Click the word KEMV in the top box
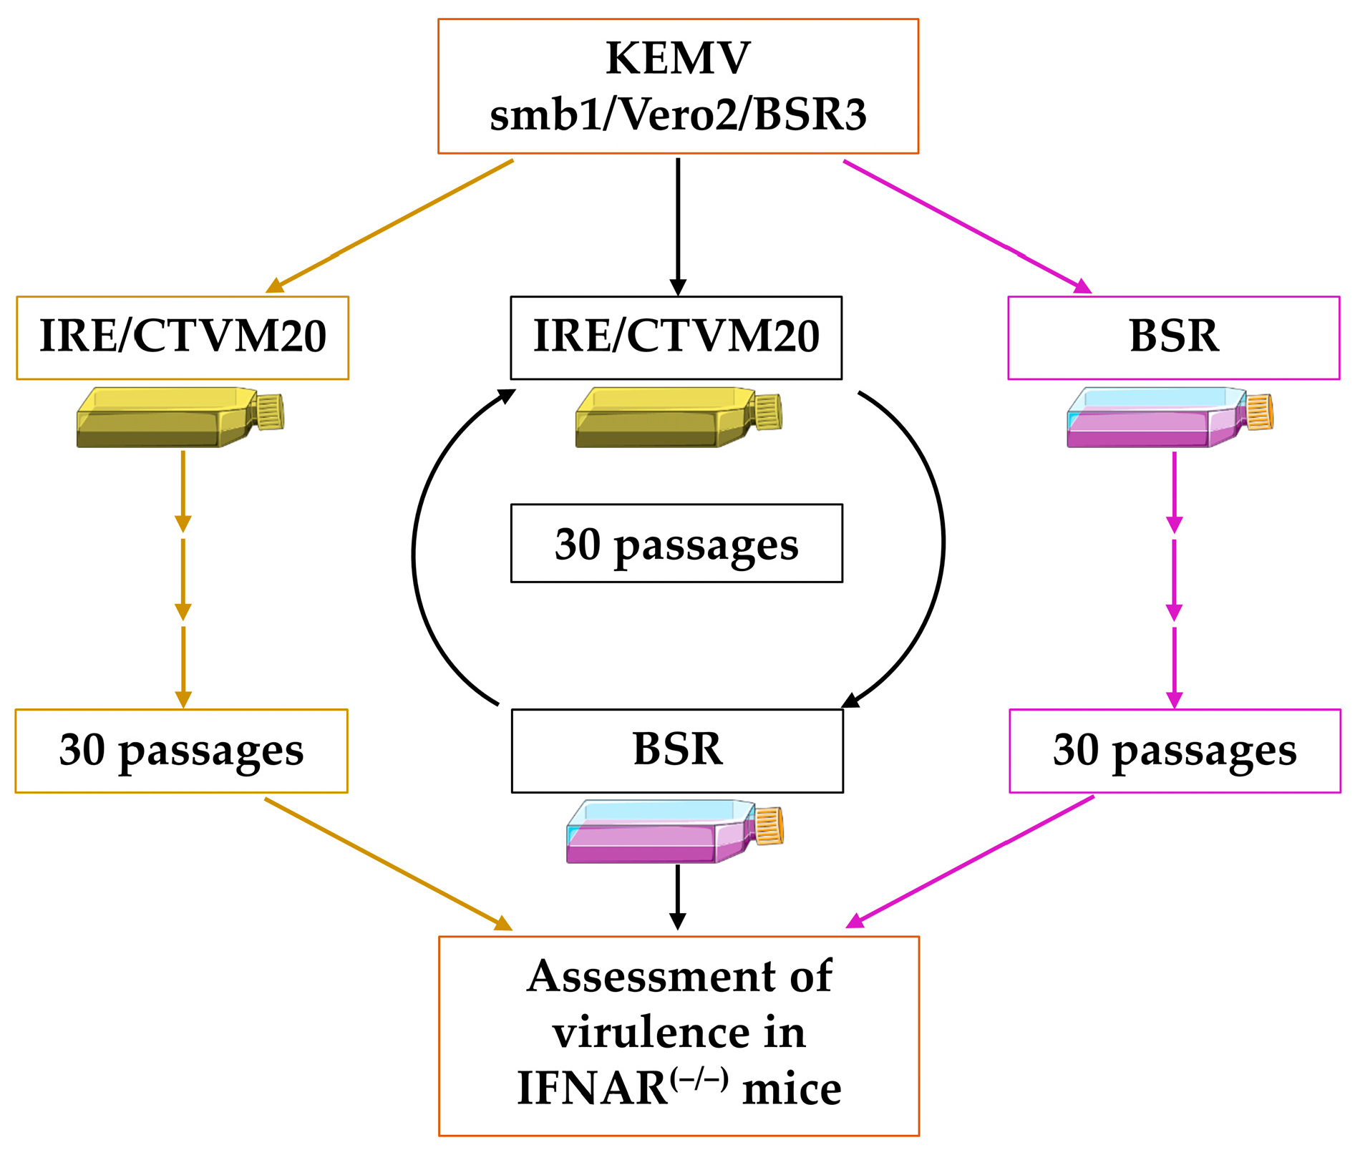[677, 59]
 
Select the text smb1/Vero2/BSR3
[677, 114]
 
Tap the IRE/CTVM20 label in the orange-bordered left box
[183, 336]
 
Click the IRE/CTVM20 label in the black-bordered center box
[676, 336]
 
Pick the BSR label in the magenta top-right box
[1173, 336]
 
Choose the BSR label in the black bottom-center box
[677, 750]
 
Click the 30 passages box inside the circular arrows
[676, 544]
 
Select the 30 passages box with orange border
[181, 751]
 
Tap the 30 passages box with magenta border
[1175, 751]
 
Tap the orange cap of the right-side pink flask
[1260, 412]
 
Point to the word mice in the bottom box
[792, 1090]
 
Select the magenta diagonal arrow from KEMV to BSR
[966, 225]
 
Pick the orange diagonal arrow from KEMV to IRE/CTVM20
[390, 225]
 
